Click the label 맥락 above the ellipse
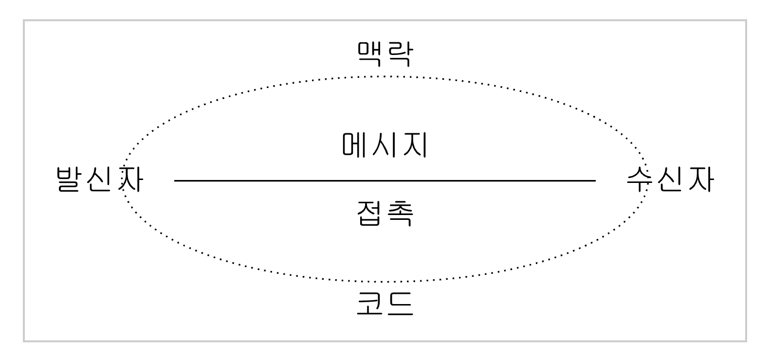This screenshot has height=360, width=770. coord(385,54)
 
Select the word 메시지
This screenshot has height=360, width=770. coord(385,145)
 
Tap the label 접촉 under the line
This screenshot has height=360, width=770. coord(385,213)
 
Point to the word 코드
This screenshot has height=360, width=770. coord(385,304)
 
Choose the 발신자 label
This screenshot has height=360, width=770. coord(100,180)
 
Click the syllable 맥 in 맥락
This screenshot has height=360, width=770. coord(370,54)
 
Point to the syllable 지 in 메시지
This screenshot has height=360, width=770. coord(414,145)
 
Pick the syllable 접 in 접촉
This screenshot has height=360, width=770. coord(370,213)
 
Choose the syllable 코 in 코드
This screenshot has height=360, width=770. coord(370,304)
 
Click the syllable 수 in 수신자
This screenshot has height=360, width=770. coord(641,180)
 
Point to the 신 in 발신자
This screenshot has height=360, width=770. coord(100,180)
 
